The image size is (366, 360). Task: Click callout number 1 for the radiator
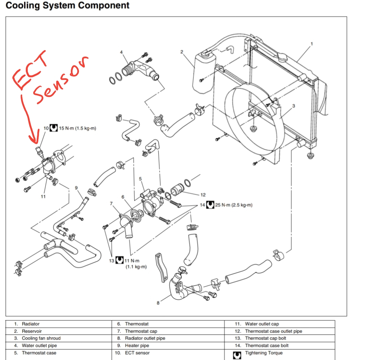point(312,43)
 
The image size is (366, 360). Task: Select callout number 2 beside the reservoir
point(182,52)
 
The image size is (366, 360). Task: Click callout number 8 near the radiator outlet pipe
point(158,303)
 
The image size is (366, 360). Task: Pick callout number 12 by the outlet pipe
point(203,195)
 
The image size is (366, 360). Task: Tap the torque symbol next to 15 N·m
point(53,128)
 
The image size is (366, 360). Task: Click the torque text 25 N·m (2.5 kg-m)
point(233,205)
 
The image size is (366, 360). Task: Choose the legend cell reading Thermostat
point(137,324)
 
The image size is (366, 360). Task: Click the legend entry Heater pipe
point(137,345)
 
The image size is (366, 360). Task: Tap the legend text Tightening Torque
point(264,353)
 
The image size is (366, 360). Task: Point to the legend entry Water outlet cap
point(262,324)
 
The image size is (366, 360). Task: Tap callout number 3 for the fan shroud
point(293,106)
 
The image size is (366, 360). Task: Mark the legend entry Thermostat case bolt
point(267,345)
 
